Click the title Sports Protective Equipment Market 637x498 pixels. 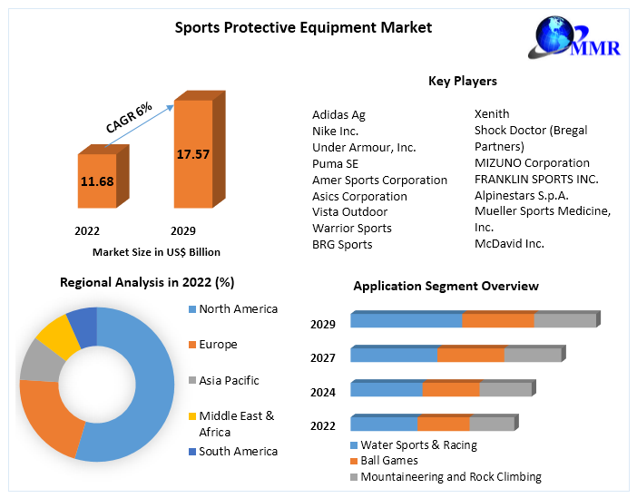[x=303, y=27]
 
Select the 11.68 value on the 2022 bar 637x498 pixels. [x=96, y=181]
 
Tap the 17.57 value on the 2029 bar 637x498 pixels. [x=192, y=154]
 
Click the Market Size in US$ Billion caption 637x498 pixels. [x=156, y=252]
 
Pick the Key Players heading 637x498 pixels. [x=462, y=81]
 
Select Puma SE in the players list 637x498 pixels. [x=335, y=163]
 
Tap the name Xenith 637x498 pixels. [x=492, y=114]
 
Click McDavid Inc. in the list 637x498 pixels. [x=509, y=244]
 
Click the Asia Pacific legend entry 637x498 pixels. [x=229, y=380]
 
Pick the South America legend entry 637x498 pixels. [x=238, y=451]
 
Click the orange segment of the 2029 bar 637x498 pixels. [x=498, y=320]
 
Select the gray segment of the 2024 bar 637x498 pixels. [x=505, y=389]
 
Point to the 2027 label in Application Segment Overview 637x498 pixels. [x=323, y=357]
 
